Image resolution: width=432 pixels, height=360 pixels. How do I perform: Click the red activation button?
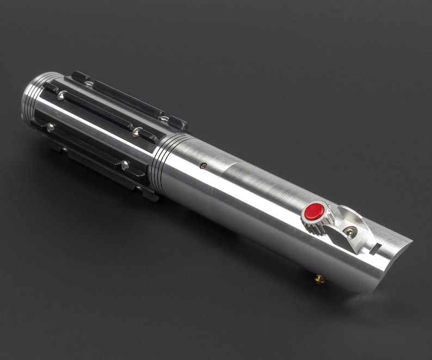tap(314, 212)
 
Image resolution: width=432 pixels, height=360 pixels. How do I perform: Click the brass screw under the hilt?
tap(319, 279)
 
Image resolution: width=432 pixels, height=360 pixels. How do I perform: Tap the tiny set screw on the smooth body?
tap(203, 166)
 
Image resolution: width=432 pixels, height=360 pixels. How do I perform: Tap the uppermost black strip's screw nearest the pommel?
tap(89, 83)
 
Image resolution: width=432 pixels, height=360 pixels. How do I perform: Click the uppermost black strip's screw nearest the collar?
tap(163, 117)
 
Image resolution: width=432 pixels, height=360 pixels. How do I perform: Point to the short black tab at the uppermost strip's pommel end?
tap(80, 77)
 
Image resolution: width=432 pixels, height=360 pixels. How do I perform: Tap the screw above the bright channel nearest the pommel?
tap(61, 96)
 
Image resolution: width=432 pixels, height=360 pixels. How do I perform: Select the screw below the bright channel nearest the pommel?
tap(51, 127)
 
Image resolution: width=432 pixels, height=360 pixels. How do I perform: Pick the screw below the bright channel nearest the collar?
tap(125, 164)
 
